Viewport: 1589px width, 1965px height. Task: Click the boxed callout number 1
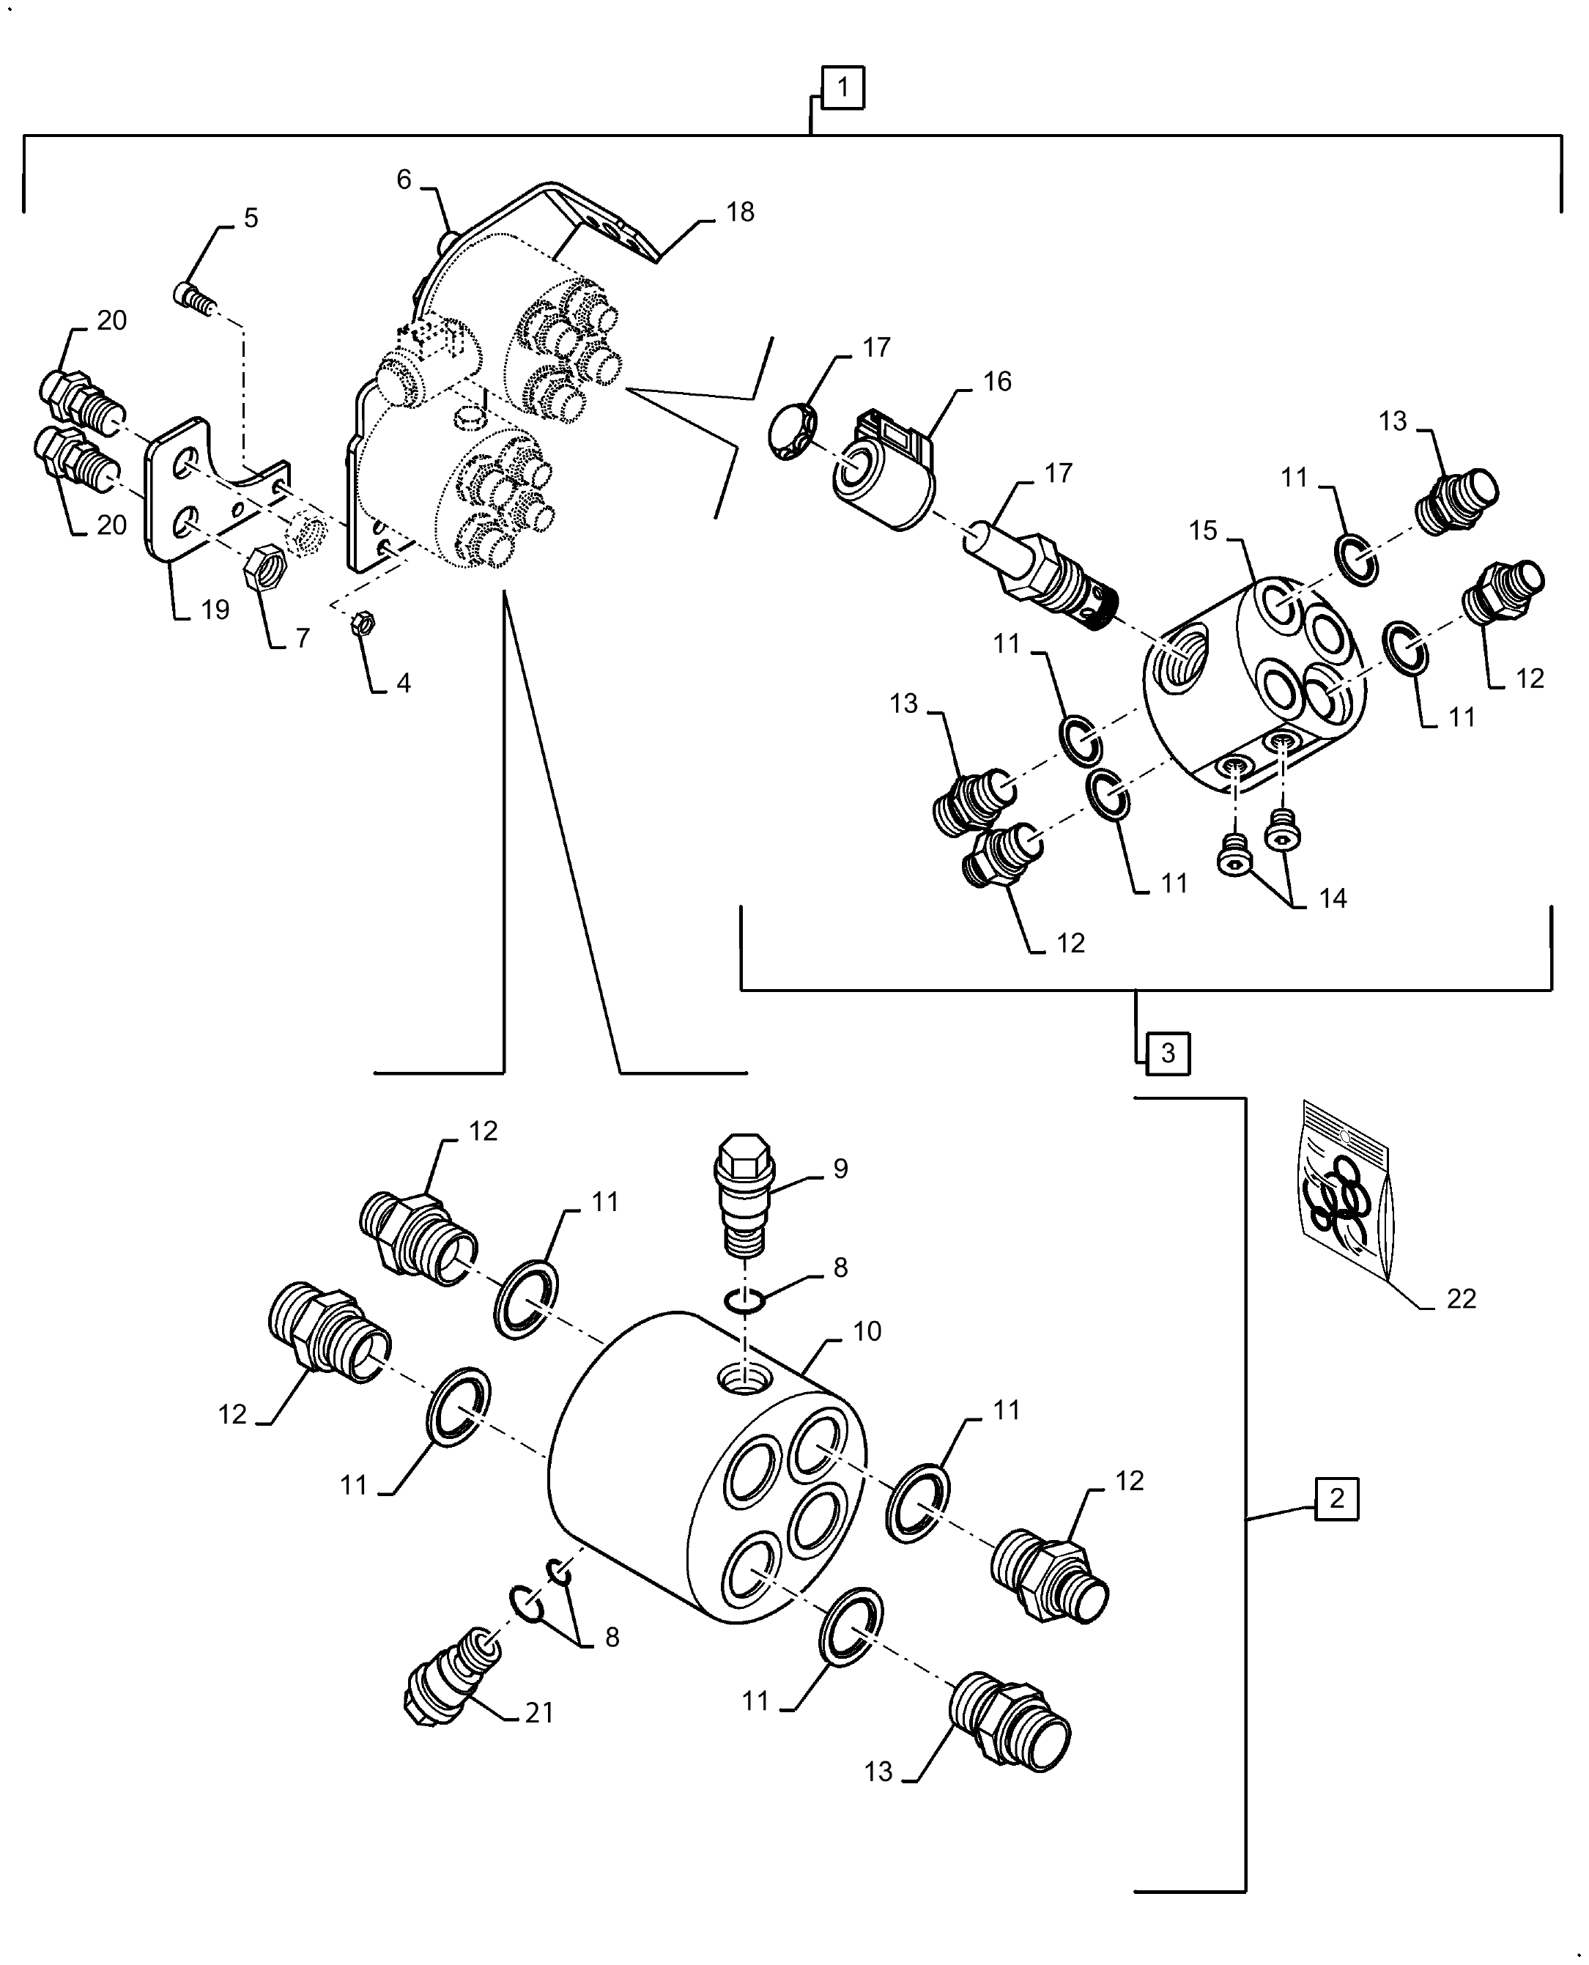click(x=842, y=88)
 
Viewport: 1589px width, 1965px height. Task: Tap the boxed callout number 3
click(x=1167, y=1054)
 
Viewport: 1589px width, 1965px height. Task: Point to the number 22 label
click(x=1461, y=1299)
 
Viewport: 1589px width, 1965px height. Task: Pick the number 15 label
click(x=1203, y=531)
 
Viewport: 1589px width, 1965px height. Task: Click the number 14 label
click(x=1333, y=899)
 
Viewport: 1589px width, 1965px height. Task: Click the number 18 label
click(x=740, y=212)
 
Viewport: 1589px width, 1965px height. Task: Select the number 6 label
click(x=404, y=180)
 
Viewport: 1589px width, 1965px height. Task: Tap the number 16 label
click(x=997, y=382)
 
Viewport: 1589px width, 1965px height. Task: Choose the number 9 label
click(x=840, y=1169)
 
